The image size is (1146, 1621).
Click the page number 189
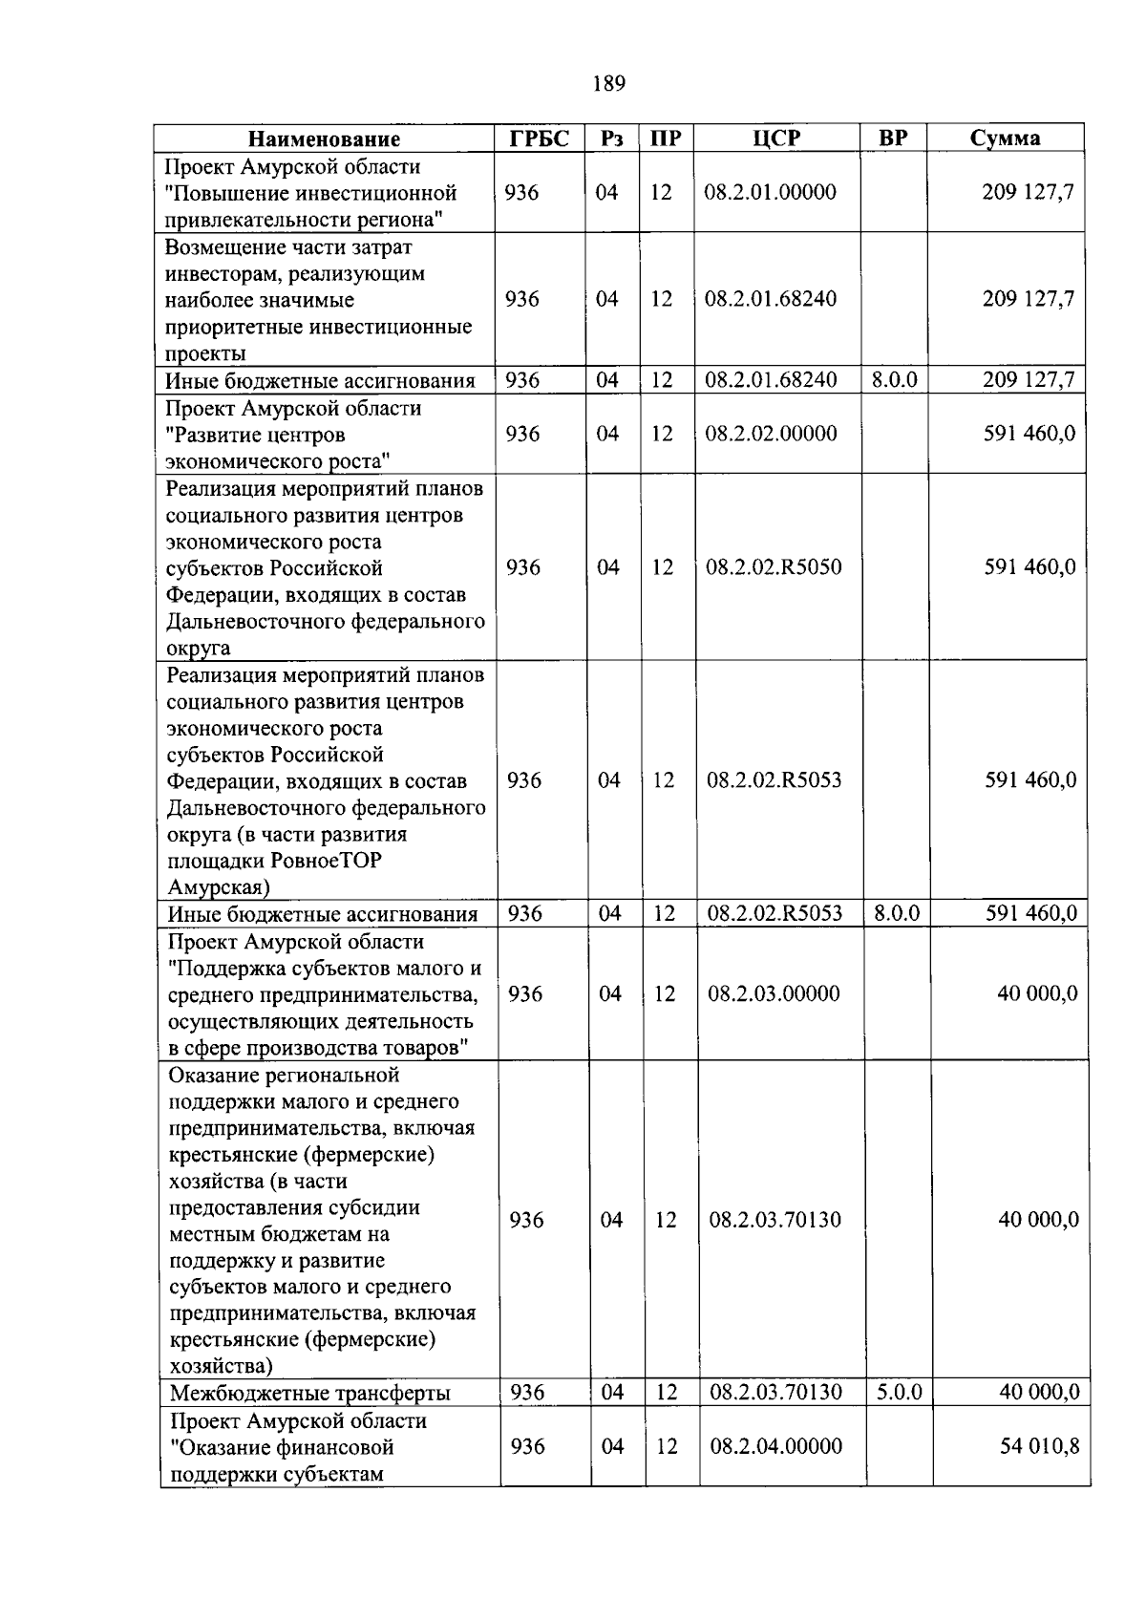(608, 84)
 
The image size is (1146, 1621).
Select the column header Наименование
(324, 139)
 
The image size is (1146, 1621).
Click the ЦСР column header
(775, 139)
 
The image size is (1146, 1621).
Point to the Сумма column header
(1005, 139)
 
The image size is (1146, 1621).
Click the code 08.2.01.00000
(770, 192)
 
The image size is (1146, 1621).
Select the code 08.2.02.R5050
(774, 567)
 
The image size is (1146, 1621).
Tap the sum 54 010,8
(1039, 1446)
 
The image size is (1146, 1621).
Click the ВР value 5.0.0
(899, 1393)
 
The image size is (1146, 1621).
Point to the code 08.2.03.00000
(774, 993)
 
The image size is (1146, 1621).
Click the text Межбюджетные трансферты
(310, 1394)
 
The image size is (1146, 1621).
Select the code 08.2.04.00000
(775, 1446)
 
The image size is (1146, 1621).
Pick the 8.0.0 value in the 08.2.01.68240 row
(894, 380)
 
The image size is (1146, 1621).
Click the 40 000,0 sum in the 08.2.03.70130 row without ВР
(1038, 1220)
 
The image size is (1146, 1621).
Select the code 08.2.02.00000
(771, 434)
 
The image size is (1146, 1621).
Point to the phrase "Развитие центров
(255, 436)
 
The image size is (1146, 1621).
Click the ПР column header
(665, 139)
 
